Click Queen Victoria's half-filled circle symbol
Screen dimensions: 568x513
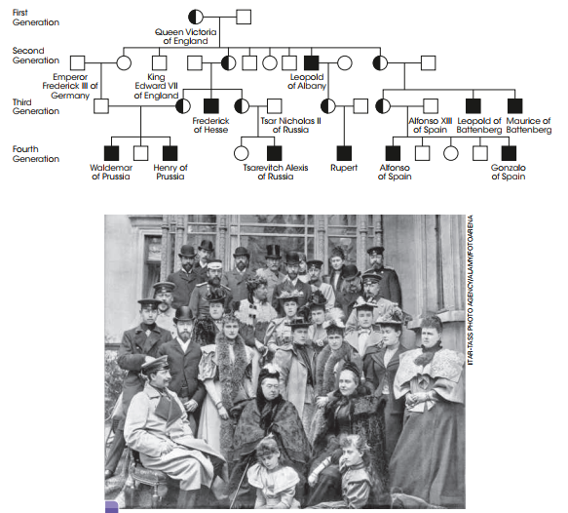196,17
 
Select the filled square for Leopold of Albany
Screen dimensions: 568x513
311,63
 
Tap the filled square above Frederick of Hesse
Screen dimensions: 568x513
211,106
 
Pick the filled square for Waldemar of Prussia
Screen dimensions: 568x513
111,153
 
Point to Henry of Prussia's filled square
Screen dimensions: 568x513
170,153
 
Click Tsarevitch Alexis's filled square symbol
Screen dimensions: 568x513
274,153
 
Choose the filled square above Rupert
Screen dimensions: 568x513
344,153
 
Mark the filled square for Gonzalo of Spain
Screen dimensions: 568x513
509,153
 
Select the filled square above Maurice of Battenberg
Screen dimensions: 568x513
515,106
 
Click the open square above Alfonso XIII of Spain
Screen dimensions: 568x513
431,106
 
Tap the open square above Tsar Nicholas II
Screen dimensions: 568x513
274,106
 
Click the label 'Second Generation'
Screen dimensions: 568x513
35,56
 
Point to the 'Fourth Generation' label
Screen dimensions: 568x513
35,154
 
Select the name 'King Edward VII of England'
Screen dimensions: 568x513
156,86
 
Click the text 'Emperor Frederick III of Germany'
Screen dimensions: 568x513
70,86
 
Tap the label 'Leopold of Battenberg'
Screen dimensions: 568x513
479,125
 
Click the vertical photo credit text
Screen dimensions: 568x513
471,290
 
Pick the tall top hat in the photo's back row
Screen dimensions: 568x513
273,252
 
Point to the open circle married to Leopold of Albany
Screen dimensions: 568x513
345,63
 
